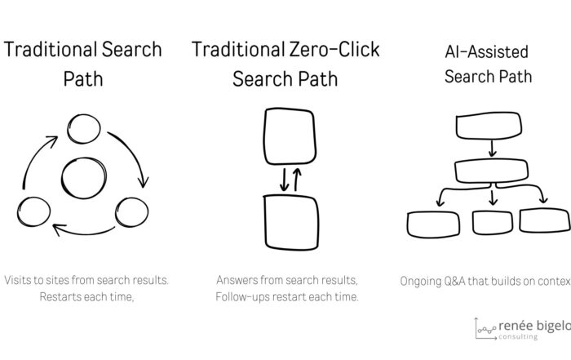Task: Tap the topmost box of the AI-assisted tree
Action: coord(489,125)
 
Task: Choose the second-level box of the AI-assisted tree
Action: coord(491,171)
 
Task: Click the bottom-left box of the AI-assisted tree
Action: coord(434,223)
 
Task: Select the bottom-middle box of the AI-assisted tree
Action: coord(493,221)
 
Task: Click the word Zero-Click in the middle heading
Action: coord(333,50)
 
